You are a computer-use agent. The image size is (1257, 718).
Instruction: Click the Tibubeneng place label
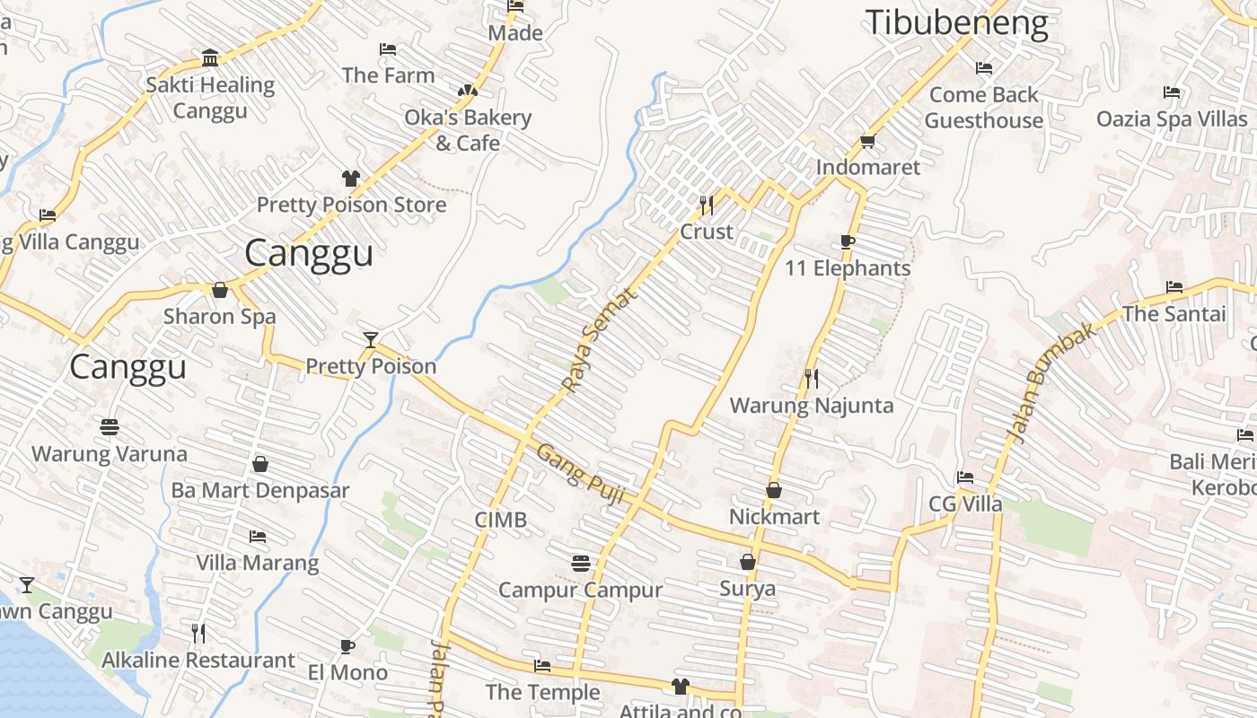pos(956,23)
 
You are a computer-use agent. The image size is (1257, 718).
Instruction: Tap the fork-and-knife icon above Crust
pos(707,206)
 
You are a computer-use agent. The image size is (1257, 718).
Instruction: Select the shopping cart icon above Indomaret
pos(867,141)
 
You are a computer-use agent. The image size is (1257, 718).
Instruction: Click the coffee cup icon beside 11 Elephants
pos(848,241)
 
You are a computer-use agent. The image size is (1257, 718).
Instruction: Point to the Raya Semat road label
pos(599,338)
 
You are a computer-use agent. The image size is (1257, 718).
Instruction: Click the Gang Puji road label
pos(580,474)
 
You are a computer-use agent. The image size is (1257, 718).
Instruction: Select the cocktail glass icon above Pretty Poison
pos(371,339)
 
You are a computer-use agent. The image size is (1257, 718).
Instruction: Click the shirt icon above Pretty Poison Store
pos(351,179)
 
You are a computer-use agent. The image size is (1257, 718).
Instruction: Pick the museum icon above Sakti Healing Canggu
pos(210,58)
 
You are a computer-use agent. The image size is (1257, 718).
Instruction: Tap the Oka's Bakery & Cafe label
pos(468,129)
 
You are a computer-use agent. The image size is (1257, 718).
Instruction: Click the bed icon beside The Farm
pos(388,49)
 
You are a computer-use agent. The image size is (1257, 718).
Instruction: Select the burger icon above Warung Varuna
pos(110,427)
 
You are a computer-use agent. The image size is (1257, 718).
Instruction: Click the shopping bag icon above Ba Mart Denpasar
pos(260,464)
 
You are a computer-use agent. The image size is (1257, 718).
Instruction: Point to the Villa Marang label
pos(258,563)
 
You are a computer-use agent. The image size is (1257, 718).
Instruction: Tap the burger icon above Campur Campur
pos(581,564)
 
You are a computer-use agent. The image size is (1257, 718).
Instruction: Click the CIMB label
pos(501,520)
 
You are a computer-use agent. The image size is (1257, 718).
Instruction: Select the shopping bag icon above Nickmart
pos(774,490)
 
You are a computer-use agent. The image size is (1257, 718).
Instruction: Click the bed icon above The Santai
pos(1174,287)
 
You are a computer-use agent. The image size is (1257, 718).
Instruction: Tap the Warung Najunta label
pos(812,406)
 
